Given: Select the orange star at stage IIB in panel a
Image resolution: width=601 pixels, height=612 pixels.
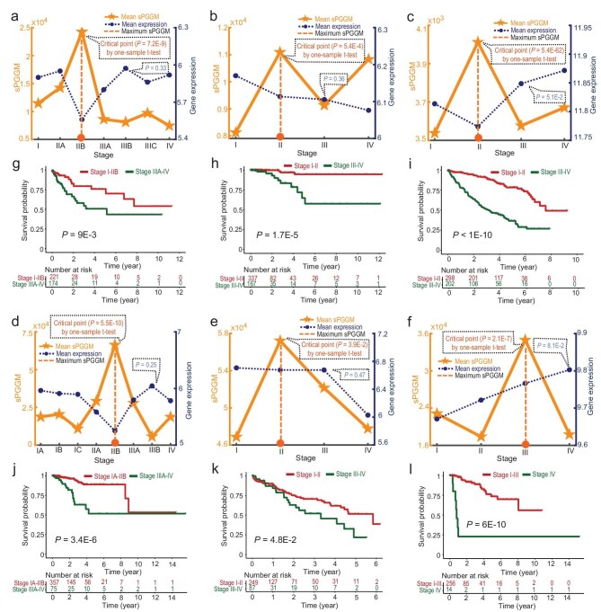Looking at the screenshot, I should tap(82, 32).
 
